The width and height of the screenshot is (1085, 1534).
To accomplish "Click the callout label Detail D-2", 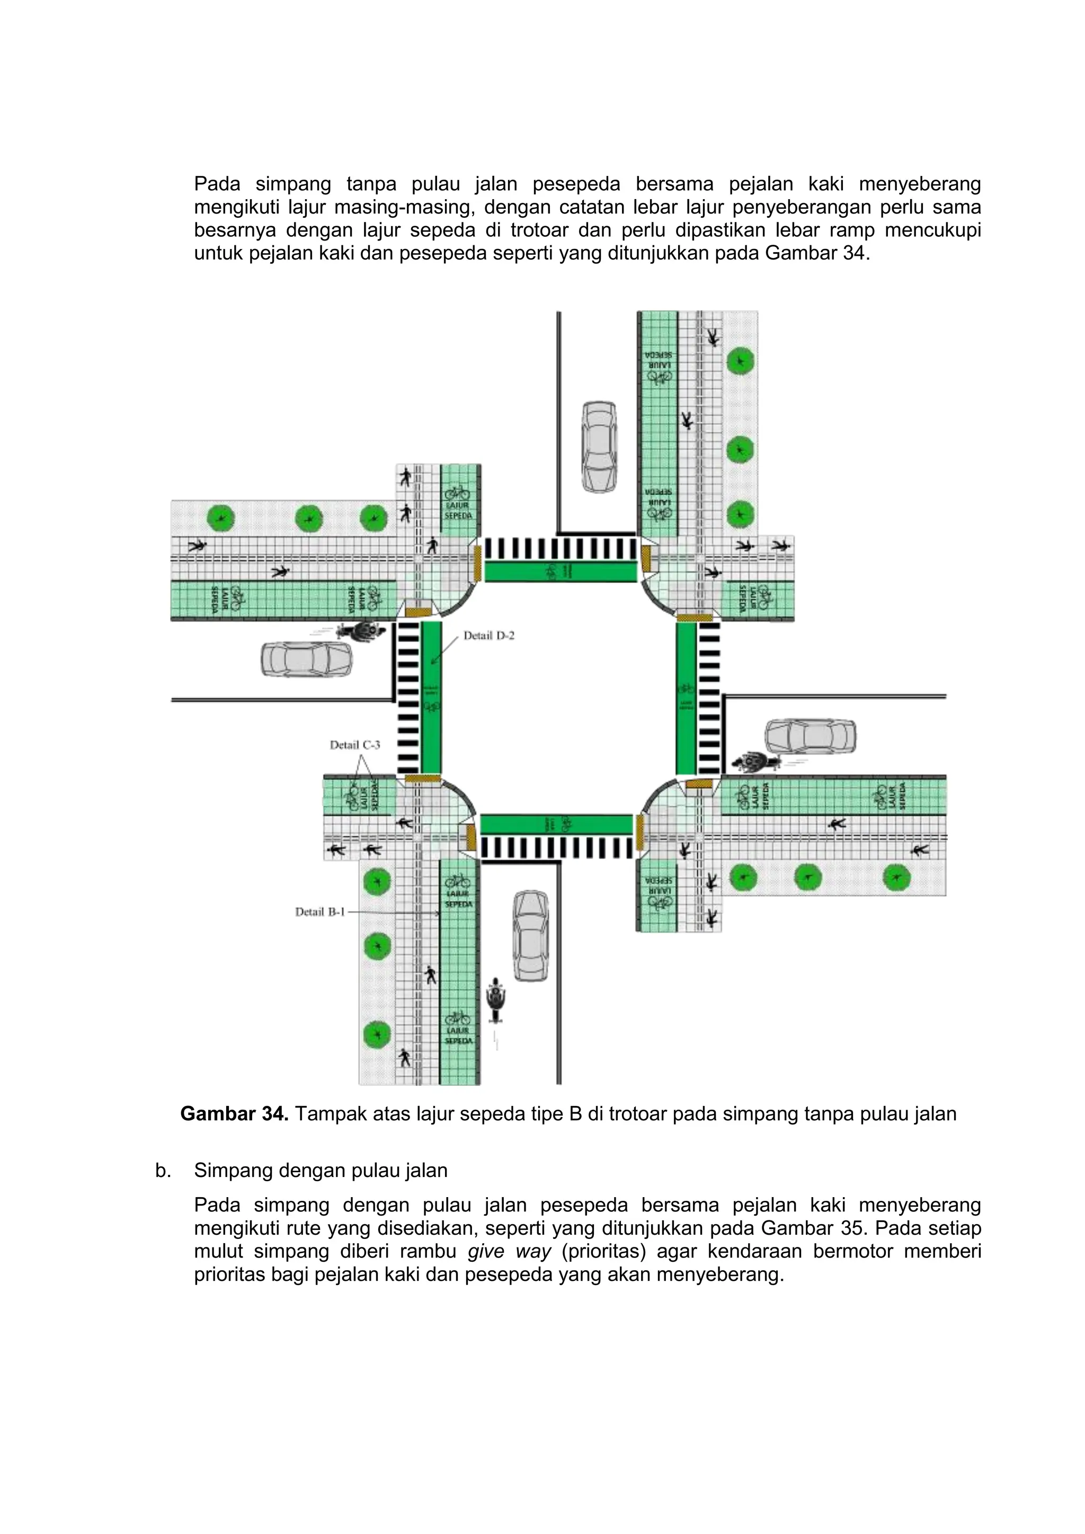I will (x=489, y=636).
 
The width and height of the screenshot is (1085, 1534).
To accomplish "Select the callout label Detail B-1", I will (x=320, y=911).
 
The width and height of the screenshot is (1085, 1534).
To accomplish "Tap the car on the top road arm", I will (x=599, y=447).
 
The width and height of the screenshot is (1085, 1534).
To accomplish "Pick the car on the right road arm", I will (x=810, y=736).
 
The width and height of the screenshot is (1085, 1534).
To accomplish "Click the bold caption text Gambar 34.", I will (x=234, y=1114).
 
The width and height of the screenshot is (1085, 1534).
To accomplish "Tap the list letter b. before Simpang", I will (x=162, y=1171).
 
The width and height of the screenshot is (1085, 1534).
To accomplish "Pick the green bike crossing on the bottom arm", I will (x=556, y=824).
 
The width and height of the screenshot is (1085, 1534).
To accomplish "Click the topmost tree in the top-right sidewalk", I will (x=740, y=361).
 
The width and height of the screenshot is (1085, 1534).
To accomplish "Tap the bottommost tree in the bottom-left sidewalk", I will (x=377, y=1035).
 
